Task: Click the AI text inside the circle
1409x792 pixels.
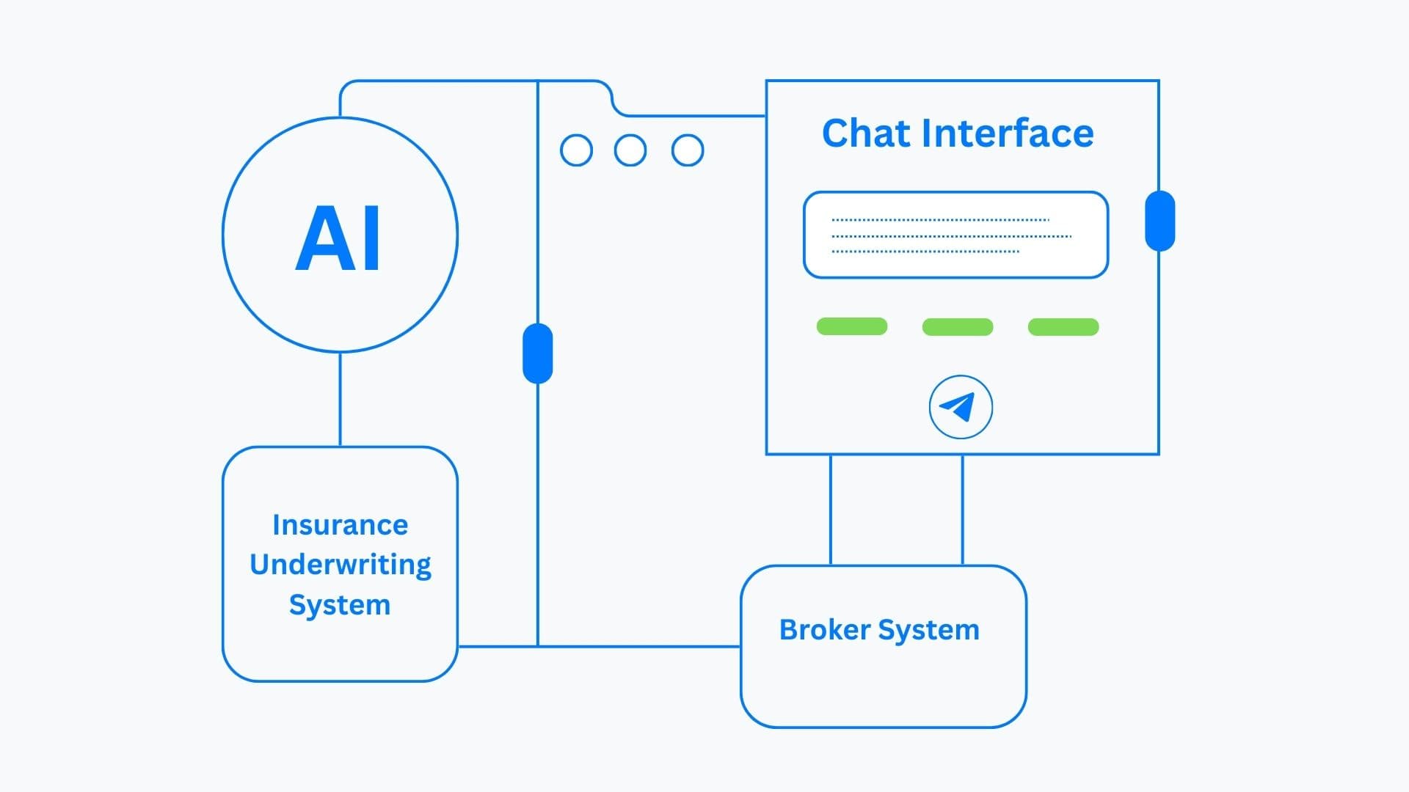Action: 338,238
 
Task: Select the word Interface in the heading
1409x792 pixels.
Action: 1007,133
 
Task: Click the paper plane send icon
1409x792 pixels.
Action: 960,407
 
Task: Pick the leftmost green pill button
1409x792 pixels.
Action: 851,326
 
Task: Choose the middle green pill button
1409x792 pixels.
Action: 957,327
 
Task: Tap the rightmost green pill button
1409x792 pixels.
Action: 1063,327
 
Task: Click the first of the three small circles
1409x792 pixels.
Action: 576,150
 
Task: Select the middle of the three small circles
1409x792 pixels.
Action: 630,150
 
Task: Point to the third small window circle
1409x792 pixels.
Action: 688,150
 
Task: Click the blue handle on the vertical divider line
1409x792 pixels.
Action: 537,353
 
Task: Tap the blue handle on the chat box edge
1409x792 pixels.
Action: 1159,221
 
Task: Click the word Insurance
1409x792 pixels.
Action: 340,525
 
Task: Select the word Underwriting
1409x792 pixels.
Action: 340,565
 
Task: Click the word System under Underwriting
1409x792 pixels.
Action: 339,605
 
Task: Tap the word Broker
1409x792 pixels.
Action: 824,630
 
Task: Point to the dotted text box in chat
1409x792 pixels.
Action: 955,235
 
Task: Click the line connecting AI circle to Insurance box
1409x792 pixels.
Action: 340,400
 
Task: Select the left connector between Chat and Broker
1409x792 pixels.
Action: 831,510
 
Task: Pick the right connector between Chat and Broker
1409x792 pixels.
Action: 962,510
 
